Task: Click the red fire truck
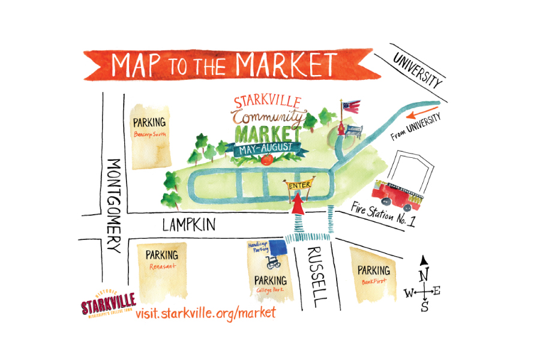coord(397,194)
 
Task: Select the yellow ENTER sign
coord(299,185)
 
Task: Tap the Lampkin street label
coord(190,225)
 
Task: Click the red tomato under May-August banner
coord(267,160)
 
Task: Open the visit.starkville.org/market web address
coord(206,312)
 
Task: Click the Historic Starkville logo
coord(109,302)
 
